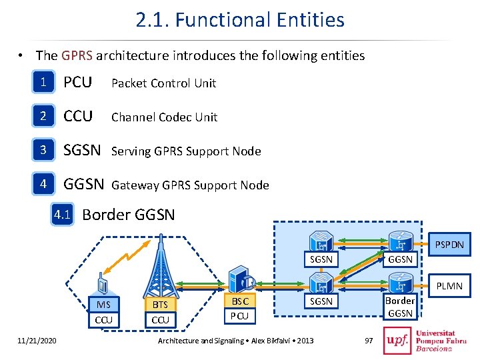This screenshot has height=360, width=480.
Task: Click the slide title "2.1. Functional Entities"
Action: [x=240, y=20]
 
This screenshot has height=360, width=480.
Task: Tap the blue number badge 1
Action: [x=44, y=83]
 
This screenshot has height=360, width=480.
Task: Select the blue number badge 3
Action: [x=44, y=151]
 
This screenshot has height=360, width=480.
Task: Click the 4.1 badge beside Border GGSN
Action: [x=62, y=215]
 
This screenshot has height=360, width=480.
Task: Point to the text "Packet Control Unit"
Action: [x=163, y=83]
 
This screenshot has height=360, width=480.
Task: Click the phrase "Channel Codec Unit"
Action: [x=164, y=117]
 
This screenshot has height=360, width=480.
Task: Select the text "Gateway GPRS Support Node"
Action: [x=190, y=185]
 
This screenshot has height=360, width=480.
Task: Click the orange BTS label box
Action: [x=160, y=305]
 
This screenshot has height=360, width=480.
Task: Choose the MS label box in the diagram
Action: [x=103, y=305]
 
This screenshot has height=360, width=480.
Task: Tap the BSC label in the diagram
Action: [x=239, y=301]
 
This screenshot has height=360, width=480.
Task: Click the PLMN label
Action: [x=449, y=286]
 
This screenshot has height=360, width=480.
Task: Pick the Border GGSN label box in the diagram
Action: [x=400, y=307]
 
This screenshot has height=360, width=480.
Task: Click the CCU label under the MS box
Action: [x=103, y=320]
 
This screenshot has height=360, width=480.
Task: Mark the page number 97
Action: [x=370, y=341]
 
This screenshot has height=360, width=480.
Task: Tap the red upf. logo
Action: [x=397, y=340]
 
